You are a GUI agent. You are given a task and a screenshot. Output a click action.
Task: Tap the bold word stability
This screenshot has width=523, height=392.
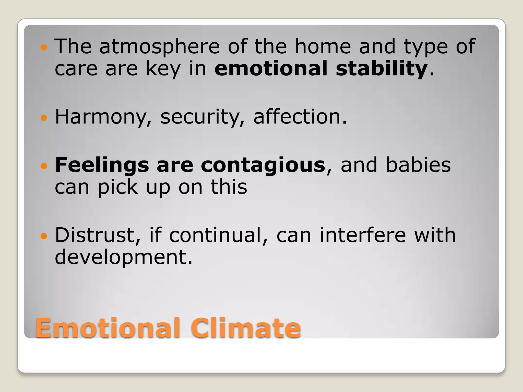click(382, 69)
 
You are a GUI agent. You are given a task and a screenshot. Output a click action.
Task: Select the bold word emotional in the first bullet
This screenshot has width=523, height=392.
click(271, 69)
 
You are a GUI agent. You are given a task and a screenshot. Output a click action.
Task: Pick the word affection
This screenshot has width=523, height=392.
click(300, 117)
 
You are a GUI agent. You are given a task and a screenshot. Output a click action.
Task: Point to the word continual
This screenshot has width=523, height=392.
click(218, 235)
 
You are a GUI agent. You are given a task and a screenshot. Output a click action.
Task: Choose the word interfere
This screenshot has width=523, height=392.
click(363, 235)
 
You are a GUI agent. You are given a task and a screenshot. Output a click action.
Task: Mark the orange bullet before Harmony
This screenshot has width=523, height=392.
click(44, 118)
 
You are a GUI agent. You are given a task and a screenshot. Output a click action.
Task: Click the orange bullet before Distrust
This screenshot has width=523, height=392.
click(44, 236)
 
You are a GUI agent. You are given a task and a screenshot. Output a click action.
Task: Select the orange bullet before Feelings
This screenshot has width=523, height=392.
click(44, 166)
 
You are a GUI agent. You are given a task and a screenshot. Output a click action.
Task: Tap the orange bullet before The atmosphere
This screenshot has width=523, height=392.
click(44, 47)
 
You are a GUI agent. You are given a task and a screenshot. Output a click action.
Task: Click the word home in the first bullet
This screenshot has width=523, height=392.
click(323, 47)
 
